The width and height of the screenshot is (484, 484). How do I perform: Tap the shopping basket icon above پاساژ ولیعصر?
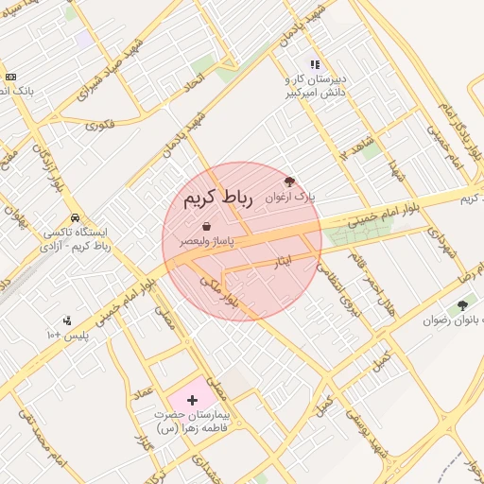[x=206, y=226]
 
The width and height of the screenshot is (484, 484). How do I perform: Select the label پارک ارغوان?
[x=290, y=197]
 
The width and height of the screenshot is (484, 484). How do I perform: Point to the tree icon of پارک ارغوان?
[x=289, y=181]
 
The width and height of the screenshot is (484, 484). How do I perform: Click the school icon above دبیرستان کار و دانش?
[x=315, y=64]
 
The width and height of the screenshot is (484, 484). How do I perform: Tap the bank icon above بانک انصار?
[x=10, y=77]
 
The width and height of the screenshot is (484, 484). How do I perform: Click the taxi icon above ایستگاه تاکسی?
[x=75, y=217]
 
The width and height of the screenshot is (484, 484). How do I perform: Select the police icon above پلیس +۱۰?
[x=66, y=320]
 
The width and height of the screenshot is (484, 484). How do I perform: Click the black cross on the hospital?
[x=193, y=401]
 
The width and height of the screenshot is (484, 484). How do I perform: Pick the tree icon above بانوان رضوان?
[x=461, y=304]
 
